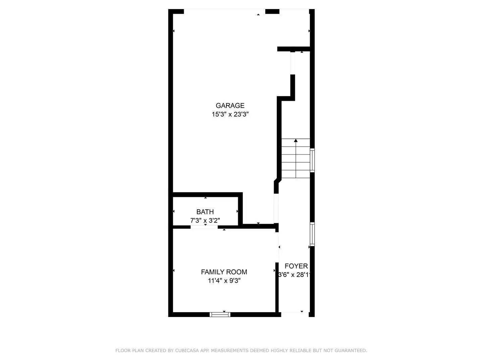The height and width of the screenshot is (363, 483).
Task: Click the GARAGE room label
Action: (x=230, y=106)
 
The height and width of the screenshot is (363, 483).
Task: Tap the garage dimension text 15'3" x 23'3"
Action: (x=230, y=114)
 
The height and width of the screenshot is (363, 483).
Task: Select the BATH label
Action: (x=205, y=212)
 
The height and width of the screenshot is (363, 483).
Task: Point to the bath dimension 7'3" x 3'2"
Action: (x=205, y=220)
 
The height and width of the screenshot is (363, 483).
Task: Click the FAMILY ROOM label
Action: (x=224, y=272)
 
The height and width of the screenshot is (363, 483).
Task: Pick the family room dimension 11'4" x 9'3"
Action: (x=224, y=281)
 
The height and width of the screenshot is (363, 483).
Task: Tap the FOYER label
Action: (x=296, y=266)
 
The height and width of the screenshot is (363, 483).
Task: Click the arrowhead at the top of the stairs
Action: (x=296, y=140)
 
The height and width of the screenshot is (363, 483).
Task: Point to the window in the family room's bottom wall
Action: (x=220, y=315)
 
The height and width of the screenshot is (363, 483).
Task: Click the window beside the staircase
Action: (x=312, y=160)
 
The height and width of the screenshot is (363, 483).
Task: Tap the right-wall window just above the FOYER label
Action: (x=312, y=234)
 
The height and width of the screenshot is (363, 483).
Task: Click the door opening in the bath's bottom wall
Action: (x=204, y=227)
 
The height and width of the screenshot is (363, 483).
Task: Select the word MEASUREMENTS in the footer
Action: (x=229, y=351)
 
